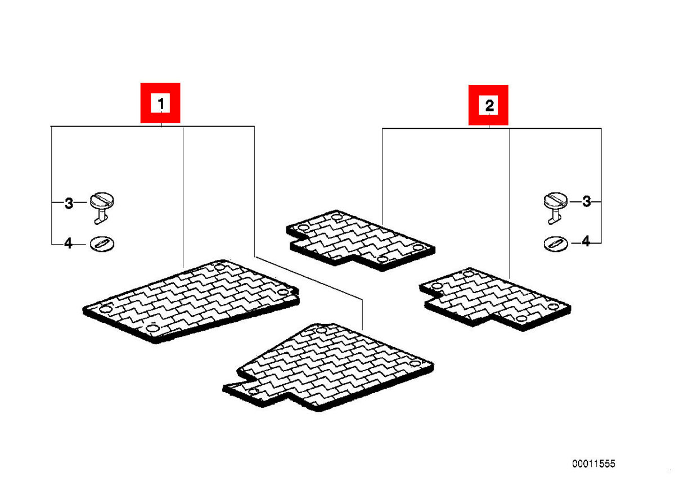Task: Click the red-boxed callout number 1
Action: tap(161, 103)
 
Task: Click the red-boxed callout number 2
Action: tap(488, 105)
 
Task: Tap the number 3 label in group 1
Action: tap(69, 203)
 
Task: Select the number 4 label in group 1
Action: tap(69, 243)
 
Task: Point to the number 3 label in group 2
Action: tap(586, 201)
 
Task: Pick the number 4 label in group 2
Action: tap(586, 241)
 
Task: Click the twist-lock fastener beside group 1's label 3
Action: tap(102, 208)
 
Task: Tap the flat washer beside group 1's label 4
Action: tap(102, 244)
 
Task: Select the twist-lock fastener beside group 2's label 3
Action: tap(555, 208)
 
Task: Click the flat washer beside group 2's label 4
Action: tap(556, 244)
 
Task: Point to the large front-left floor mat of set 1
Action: tap(191, 301)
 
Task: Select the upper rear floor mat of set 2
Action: tap(361, 240)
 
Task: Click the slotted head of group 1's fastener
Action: tap(102, 200)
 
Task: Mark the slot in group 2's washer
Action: tap(556, 243)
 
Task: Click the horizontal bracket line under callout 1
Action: tap(152, 126)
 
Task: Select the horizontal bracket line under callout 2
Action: tap(492, 128)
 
